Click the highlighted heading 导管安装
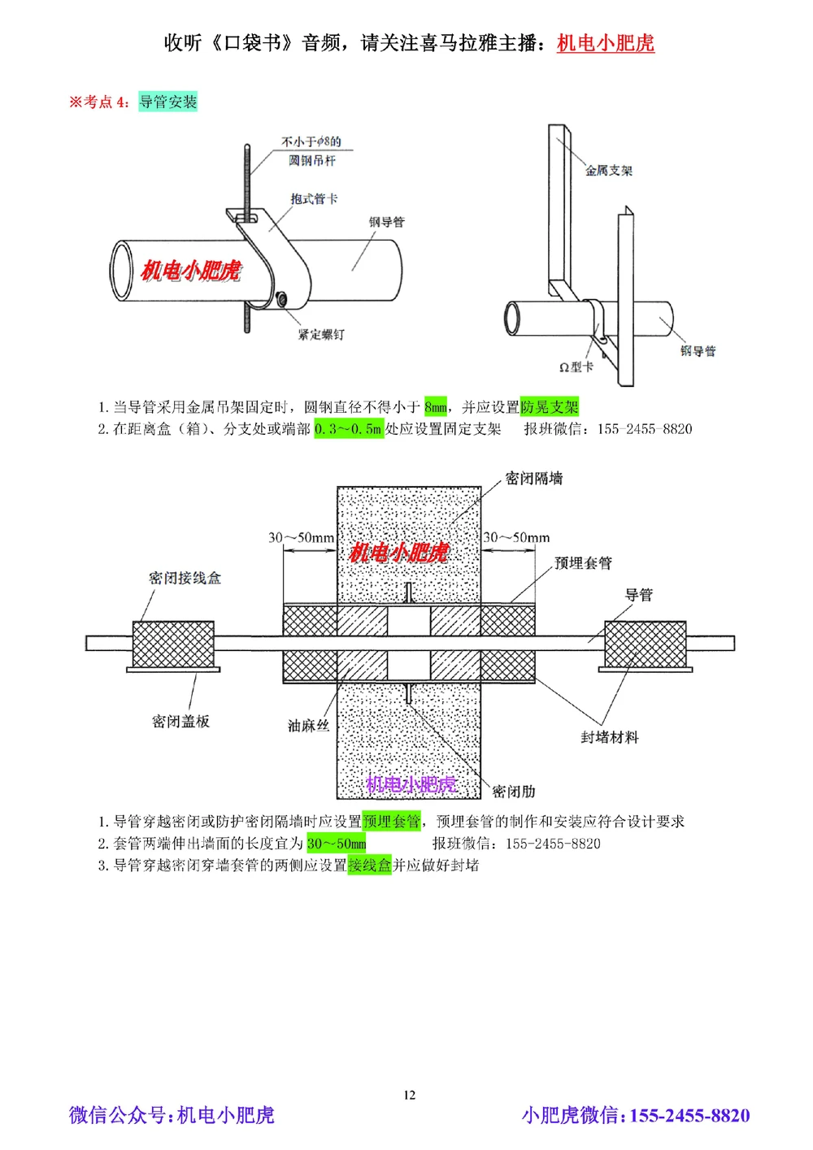(x=167, y=102)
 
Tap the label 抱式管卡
(x=314, y=198)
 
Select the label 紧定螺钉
(x=320, y=334)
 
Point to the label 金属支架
(x=608, y=170)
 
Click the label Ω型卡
(x=576, y=367)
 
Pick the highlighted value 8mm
(x=436, y=407)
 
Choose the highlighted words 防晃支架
(x=550, y=407)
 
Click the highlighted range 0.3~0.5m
(x=349, y=429)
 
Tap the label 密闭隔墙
(x=533, y=479)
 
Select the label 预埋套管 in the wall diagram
(x=583, y=563)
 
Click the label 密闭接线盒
(x=185, y=578)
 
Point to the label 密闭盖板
(x=180, y=722)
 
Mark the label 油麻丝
(x=308, y=726)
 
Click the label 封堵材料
(x=609, y=737)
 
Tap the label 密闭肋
(x=514, y=792)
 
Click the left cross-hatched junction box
(x=173, y=644)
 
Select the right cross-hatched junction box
(x=646, y=644)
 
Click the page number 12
(x=409, y=1095)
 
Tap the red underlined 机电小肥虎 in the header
(x=606, y=43)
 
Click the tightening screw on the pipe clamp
(x=281, y=300)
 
